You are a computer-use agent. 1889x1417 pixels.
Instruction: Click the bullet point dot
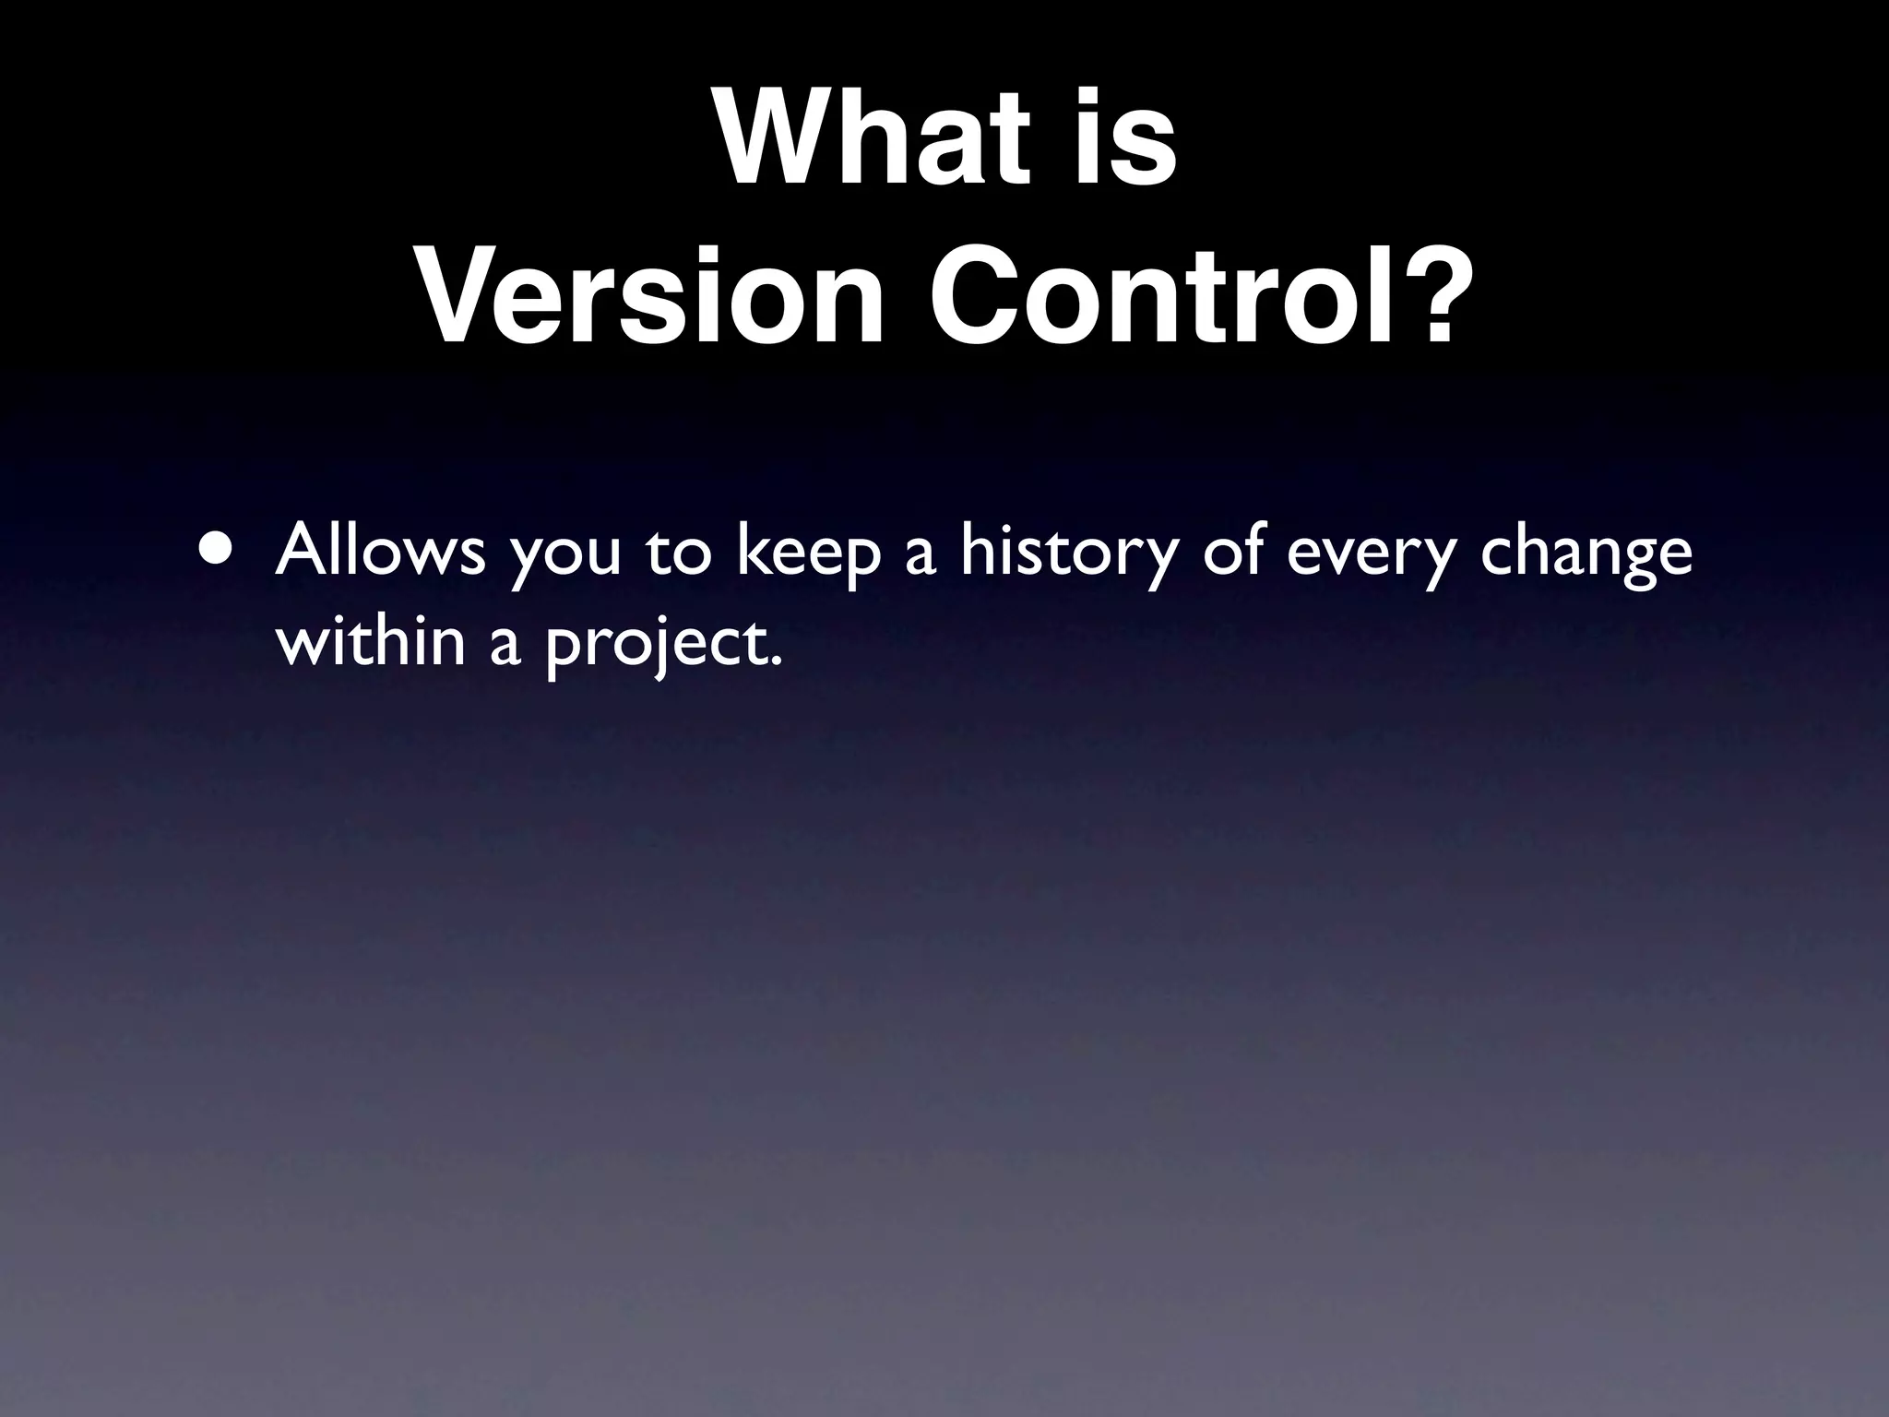[x=215, y=551]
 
